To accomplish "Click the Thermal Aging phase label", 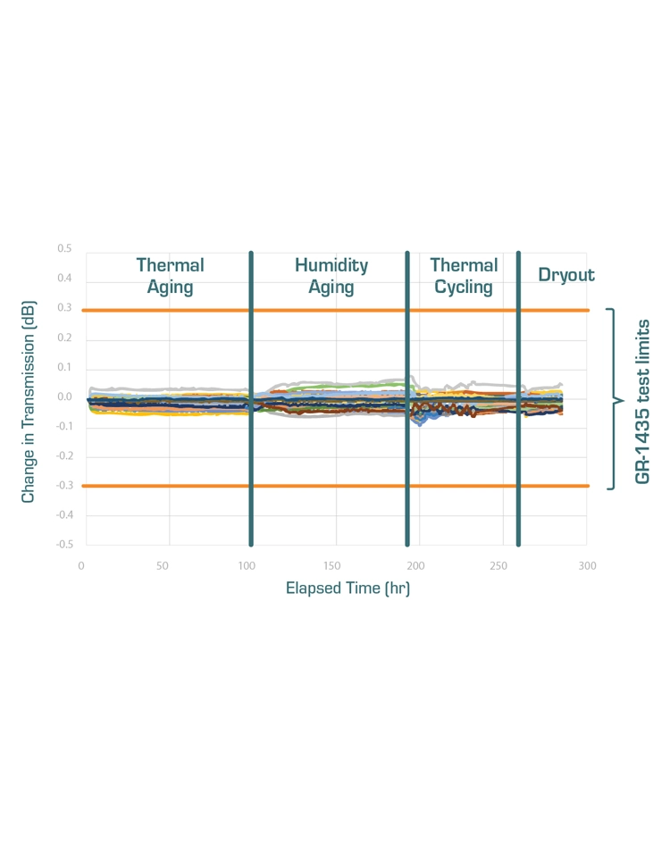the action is pos(170,276).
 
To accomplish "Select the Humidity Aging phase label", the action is pos(331,276).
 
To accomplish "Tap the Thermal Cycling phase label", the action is pos(464,276).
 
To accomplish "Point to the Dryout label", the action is pos(566,274).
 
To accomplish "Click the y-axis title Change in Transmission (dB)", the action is pos(29,402).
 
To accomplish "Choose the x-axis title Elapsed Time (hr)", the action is pos(348,588).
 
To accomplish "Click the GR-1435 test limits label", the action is pos(642,402).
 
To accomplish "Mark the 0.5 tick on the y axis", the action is pos(65,248).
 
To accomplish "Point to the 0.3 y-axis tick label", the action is pos(65,308).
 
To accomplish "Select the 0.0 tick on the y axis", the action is pos(65,396).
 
